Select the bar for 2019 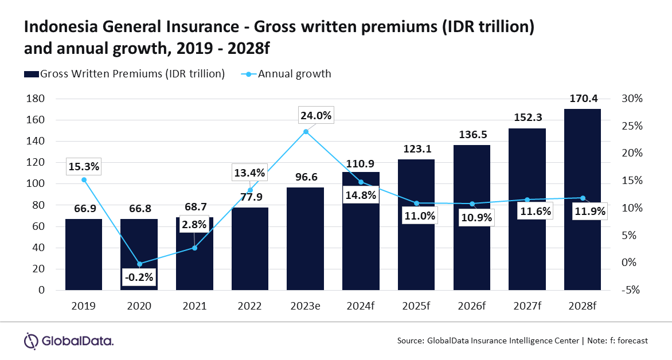pos(83,255)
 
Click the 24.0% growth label pos(315,115)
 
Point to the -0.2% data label pos(139,277)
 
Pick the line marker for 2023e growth pos(306,132)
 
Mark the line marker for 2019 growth pos(84,180)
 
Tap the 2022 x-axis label pos(250,306)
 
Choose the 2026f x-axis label pos(472,306)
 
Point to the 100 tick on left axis pos(36,184)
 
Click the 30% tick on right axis pos(633,99)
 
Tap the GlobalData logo pos(68,341)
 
